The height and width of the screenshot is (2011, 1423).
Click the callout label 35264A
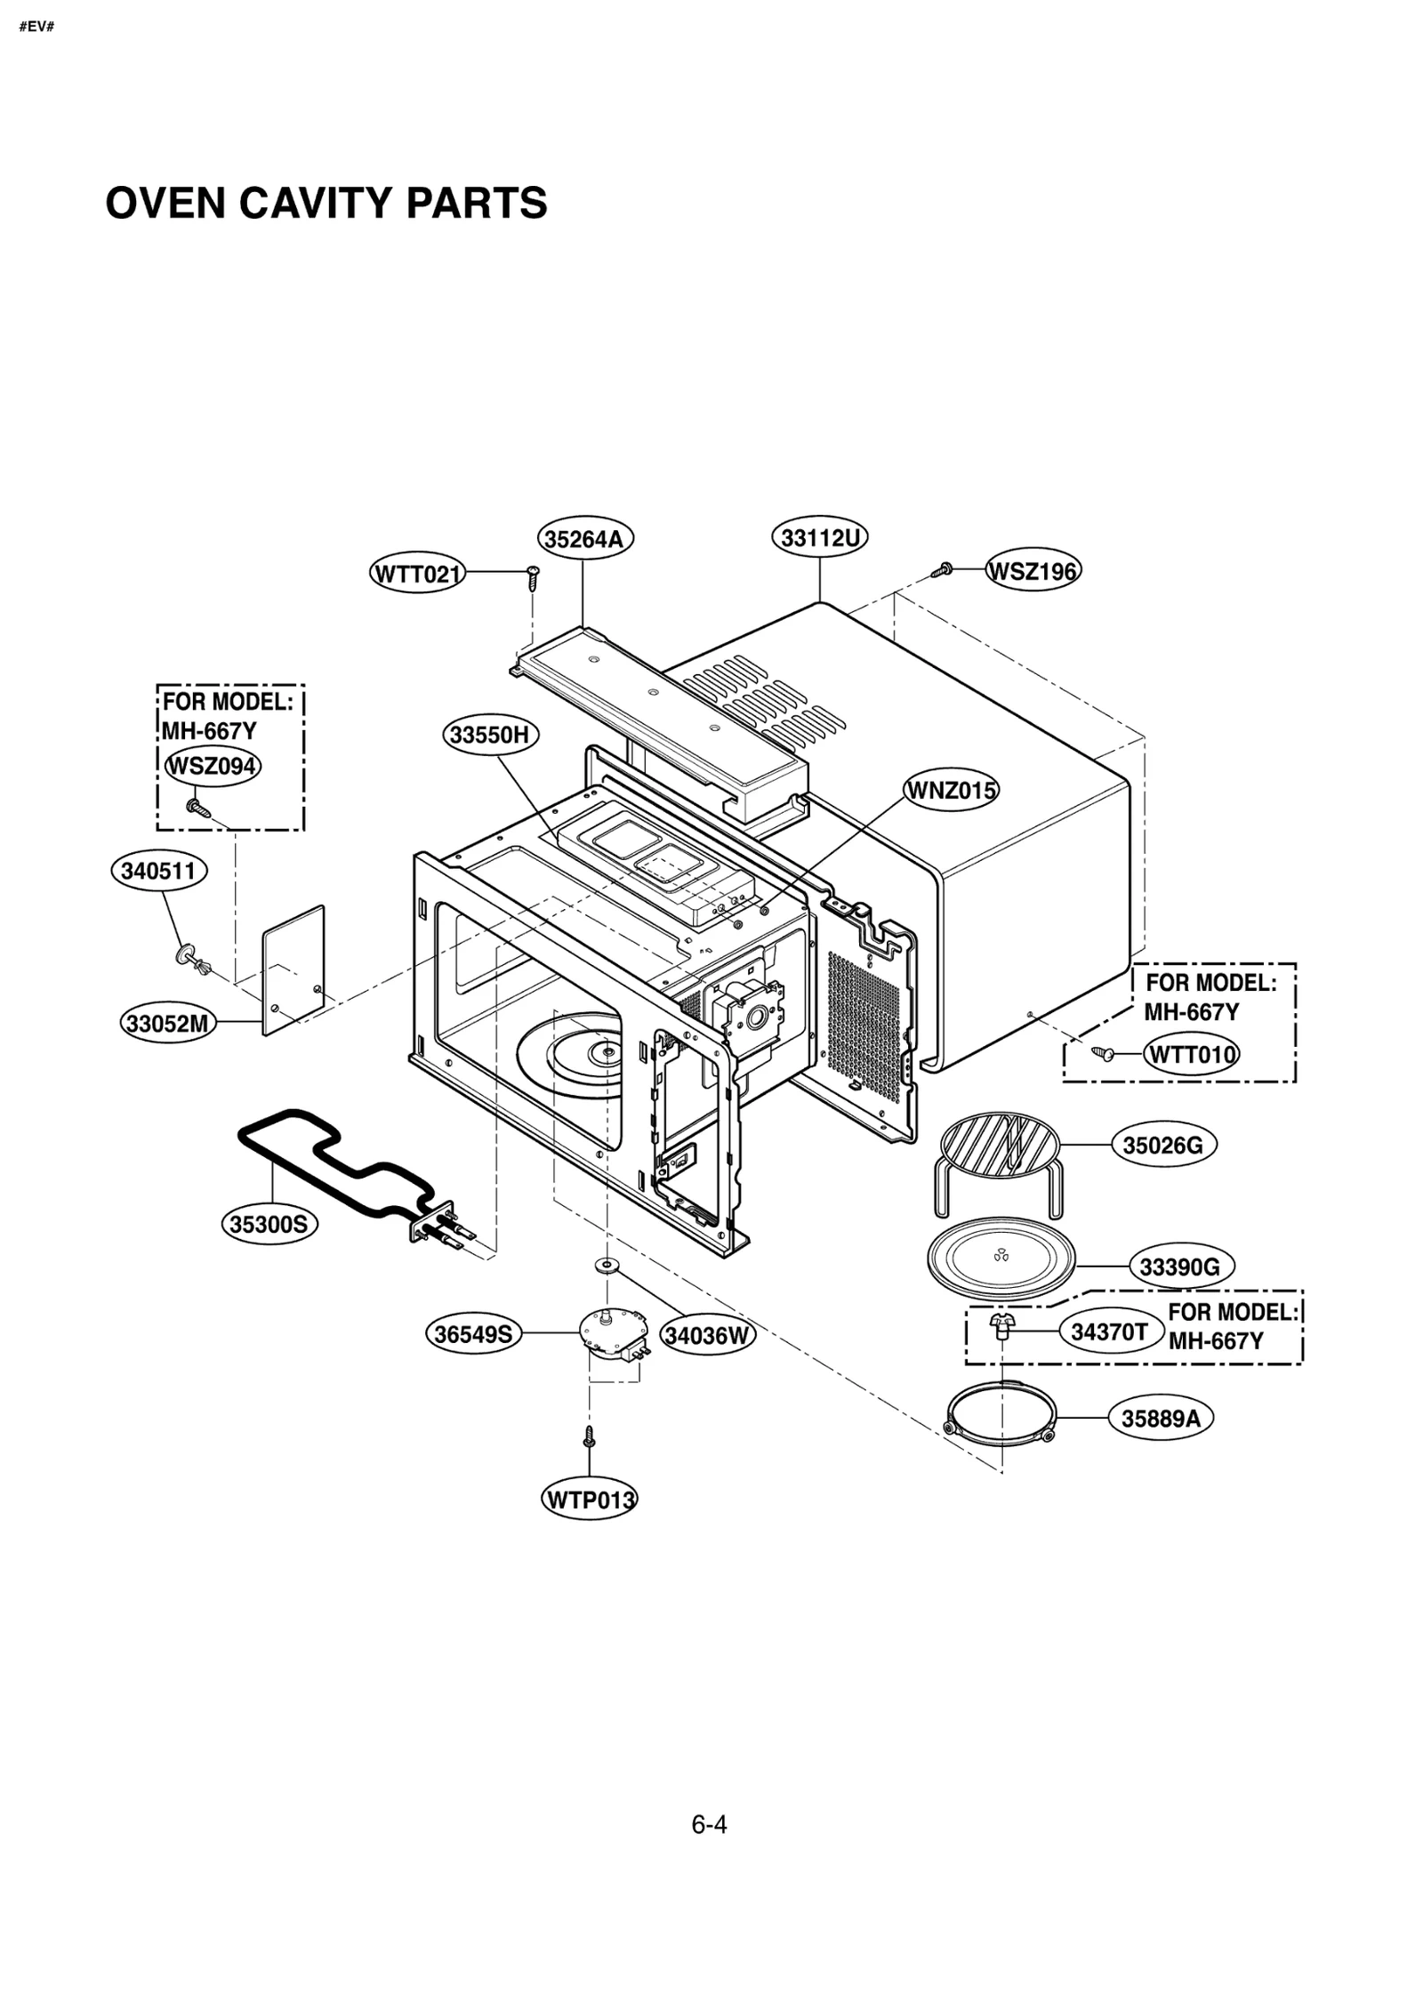584,539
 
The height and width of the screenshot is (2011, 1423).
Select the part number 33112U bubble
818,537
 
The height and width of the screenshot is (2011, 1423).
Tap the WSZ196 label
1033,571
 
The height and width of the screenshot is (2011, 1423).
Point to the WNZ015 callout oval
951,790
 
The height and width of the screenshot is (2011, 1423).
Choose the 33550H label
489,735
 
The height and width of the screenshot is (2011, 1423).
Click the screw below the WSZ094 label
197,808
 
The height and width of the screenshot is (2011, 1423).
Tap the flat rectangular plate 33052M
293,969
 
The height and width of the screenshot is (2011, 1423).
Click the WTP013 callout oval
589,1500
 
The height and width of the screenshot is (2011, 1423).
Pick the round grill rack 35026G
1000,1149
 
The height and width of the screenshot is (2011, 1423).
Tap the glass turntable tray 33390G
1001,1256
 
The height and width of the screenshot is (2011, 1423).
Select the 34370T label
1109,1331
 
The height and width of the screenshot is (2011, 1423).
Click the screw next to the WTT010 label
1104,1053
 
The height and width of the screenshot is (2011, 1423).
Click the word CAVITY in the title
316,203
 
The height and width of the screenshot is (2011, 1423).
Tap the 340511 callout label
158,871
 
